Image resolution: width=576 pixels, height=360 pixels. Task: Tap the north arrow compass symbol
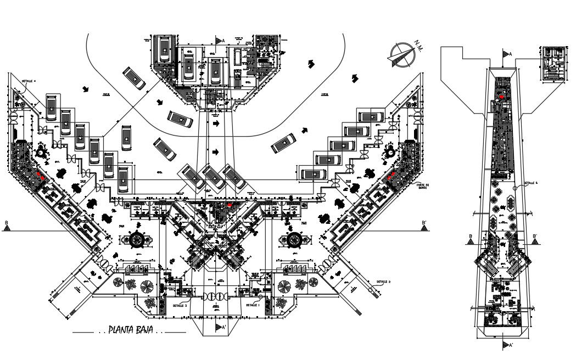tap(400, 55)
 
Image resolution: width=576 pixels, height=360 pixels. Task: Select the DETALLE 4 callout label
tap(29, 81)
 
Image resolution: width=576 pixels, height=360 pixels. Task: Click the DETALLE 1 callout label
tap(252, 305)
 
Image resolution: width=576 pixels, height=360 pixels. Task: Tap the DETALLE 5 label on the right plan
tap(530, 183)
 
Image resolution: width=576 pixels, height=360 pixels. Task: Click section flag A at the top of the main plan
tap(220, 40)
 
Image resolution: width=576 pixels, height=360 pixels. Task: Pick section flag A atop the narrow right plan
tap(506, 54)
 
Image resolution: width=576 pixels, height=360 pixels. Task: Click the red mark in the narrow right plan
tap(502, 97)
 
